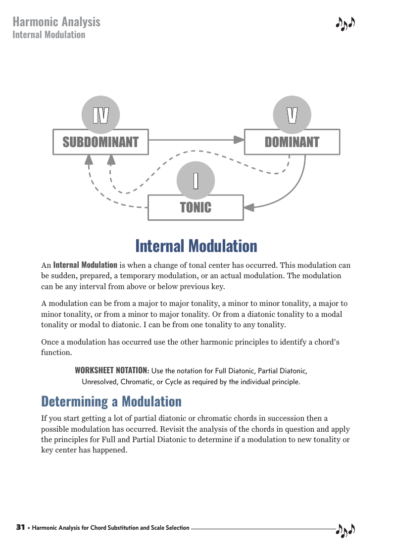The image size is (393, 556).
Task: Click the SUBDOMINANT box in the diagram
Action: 100,142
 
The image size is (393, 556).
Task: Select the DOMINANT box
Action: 292,142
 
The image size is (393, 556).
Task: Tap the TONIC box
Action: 196,207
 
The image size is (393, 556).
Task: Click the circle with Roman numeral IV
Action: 101,115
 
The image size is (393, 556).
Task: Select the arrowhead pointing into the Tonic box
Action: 249,208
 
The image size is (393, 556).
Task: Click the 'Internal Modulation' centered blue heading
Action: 196,246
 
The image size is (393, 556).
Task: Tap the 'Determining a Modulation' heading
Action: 111,401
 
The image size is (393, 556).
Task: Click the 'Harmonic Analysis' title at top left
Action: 56,22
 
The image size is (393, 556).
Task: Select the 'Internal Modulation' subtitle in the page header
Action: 49,35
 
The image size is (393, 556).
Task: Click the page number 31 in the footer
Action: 20,527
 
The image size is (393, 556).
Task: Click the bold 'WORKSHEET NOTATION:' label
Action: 112,371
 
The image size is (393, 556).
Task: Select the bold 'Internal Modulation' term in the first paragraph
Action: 85,265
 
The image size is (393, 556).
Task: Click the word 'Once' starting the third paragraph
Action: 49,343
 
